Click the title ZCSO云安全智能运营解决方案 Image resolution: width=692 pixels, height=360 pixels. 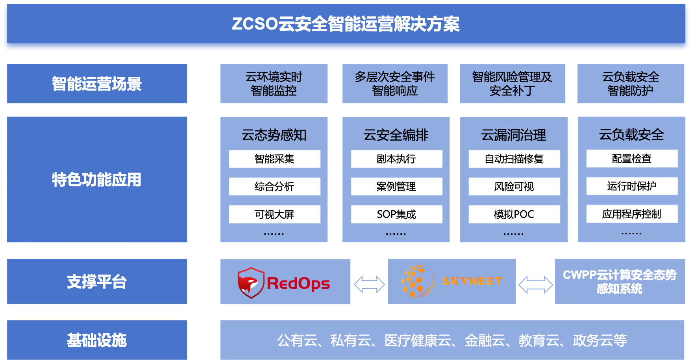(346, 24)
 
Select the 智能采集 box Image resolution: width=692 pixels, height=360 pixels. (274, 159)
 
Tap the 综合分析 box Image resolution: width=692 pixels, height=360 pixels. (274, 186)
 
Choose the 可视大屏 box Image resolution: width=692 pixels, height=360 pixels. (274, 214)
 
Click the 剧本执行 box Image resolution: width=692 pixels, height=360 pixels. (396, 159)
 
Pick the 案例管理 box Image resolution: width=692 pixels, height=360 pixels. (396, 186)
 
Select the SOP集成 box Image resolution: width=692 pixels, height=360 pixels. (396, 214)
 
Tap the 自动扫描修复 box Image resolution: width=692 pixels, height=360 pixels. (514, 159)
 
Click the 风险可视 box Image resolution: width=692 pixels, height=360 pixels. (514, 186)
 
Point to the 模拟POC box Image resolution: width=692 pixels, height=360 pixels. (514, 214)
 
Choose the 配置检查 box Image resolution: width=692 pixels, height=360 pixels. (632, 158)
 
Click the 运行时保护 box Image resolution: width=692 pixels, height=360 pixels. (632, 186)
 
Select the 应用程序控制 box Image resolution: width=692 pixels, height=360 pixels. (632, 214)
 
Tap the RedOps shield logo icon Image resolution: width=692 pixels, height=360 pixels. (250, 283)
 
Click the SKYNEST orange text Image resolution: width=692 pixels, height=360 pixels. (472, 281)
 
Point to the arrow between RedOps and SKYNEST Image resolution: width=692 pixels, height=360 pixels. (369, 284)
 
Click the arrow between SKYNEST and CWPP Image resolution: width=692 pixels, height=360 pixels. (535, 284)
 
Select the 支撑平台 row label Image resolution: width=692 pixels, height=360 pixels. (97, 282)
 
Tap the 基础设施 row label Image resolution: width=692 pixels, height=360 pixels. (97, 340)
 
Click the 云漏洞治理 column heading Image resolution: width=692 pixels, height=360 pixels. (514, 135)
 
